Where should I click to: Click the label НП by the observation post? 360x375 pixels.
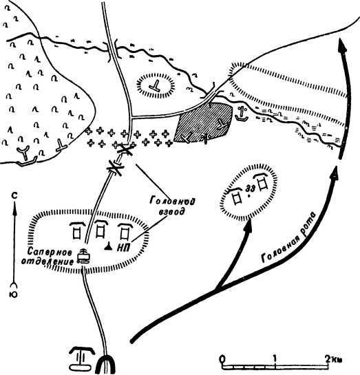click(124, 248)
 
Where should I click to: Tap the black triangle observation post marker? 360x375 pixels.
click(108, 246)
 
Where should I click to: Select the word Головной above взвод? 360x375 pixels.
click(172, 201)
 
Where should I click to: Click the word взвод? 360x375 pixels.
click(173, 212)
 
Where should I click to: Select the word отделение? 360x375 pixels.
click(47, 261)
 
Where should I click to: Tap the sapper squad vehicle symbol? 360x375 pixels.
click(83, 256)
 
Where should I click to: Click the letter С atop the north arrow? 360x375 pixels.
click(14, 196)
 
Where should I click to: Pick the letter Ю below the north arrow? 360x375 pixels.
click(14, 294)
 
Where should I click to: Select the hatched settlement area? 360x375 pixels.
click(203, 122)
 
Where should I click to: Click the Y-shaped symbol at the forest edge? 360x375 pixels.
click(23, 153)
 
